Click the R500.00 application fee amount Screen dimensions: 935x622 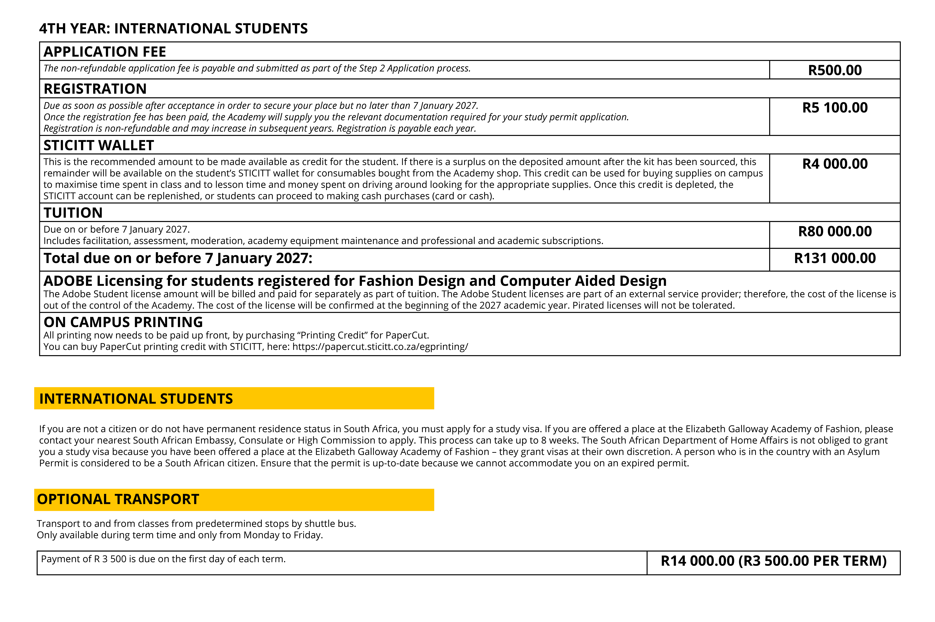pyautogui.click(x=835, y=70)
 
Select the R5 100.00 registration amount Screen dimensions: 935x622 pyautogui.click(x=835, y=107)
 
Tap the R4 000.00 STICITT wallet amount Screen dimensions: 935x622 pyautogui.click(x=835, y=164)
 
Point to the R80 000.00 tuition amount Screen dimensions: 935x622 pyautogui.click(x=835, y=231)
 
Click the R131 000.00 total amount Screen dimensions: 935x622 pyautogui.click(x=835, y=258)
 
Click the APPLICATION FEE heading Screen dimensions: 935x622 pyautogui.click(x=105, y=52)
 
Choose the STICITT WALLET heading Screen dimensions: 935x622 pyautogui.click(x=98, y=145)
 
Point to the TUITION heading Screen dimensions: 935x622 pyautogui.click(x=73, y=213)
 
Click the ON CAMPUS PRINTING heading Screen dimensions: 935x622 pyautogui.click(x=123, y=322)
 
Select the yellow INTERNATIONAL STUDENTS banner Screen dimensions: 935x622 pyautogui.click(x=234, y=398)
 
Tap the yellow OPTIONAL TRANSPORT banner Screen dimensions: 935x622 pyautogui.click(x=234, y=499)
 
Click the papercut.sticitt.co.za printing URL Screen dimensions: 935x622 pyautogui.click(x=380, y=347)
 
